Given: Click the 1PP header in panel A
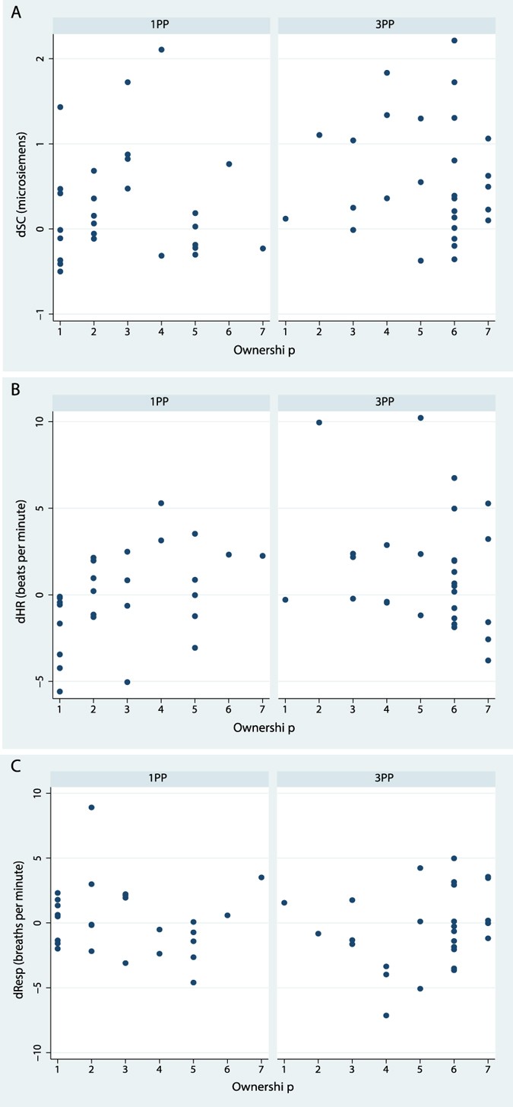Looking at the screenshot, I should [160, 24].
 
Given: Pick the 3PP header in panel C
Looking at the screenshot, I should [387, 777].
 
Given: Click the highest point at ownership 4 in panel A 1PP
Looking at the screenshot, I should [161, 49].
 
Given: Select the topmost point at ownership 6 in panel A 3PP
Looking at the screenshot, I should [454, 40].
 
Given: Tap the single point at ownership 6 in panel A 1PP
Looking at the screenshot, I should [229, 164].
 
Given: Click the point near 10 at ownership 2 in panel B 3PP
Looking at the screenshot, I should [318, 422].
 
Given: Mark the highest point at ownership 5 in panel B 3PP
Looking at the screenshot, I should [420, 417].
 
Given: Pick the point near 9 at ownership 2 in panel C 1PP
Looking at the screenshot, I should [92, 807].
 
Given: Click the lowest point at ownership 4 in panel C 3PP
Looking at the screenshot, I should [386, 1015].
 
